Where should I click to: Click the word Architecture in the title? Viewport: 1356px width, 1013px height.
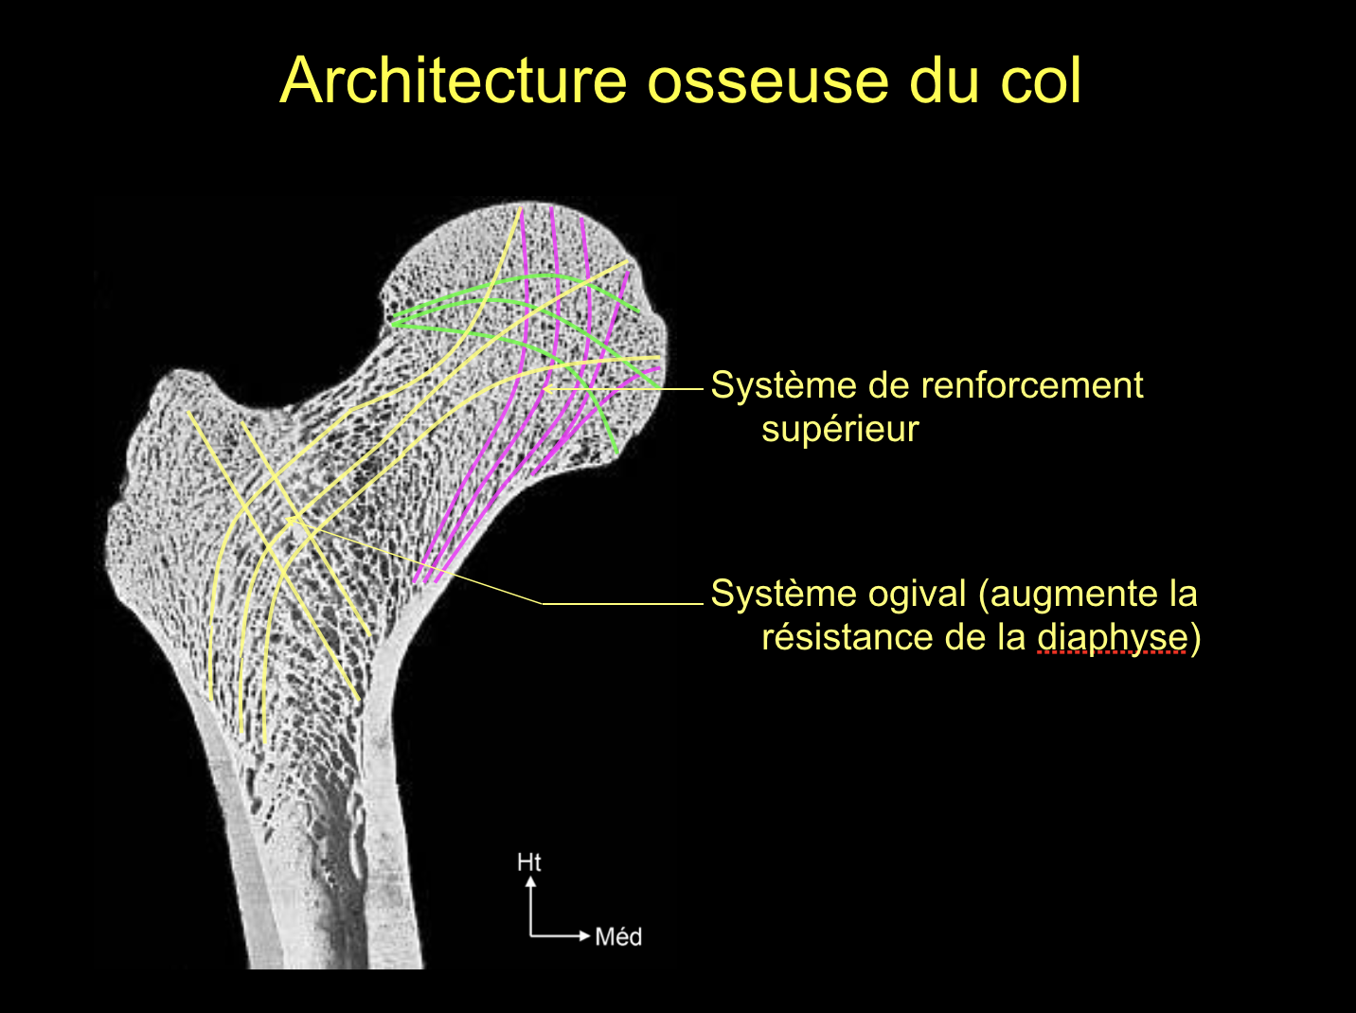click(454, 80)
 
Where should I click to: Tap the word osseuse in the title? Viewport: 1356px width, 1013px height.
click(768, 81)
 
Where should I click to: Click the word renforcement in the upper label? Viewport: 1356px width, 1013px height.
click(1031, 385)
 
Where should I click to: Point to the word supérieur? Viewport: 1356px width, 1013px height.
click(840, 430)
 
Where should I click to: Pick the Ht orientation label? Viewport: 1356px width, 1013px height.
click(528, 862)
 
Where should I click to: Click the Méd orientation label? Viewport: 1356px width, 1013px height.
click(618, 937)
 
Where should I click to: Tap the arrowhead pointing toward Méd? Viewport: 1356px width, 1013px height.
click(584, 936)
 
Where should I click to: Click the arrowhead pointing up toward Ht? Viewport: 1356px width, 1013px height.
click(530, 882)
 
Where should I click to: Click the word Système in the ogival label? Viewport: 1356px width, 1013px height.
click(783, 595)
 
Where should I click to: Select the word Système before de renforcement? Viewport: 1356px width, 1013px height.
click(783, 385)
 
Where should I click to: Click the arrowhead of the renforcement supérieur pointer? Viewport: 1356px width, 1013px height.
click(547, 389)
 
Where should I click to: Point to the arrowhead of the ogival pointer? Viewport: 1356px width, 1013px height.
click(292, 522)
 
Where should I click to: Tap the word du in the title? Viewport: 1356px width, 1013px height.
click(945, 80)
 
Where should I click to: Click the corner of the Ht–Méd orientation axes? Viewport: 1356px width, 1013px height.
click(530, 936)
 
